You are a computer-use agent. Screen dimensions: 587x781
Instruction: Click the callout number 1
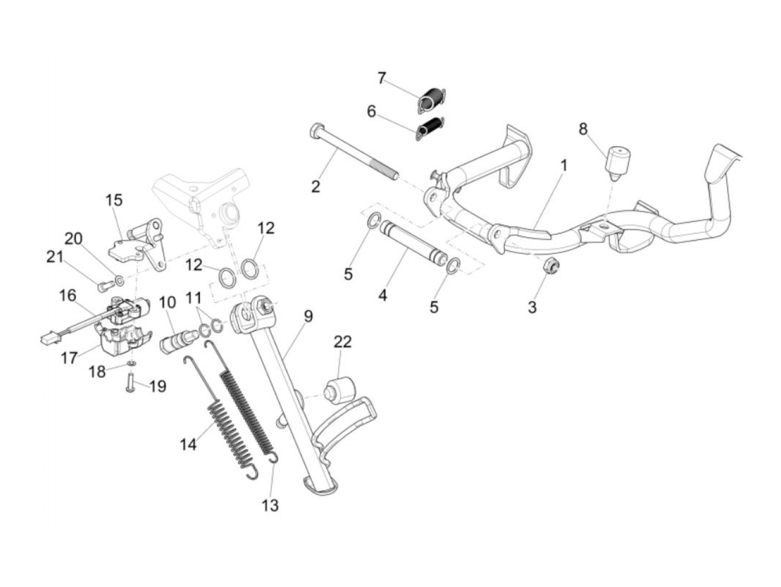coord(564,166)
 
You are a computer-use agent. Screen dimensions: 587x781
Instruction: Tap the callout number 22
coord(343,341)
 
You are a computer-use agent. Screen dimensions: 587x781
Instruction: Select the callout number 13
coord(270,506)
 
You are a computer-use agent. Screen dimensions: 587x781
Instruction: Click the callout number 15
coord(114,200)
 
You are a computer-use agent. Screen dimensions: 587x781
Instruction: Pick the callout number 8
coord(583,129)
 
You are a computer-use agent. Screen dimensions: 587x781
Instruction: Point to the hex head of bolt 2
coord(315,131)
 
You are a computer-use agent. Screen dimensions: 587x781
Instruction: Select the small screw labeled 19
coord(130,386)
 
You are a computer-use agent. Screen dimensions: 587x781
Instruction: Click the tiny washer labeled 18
coord(131,363)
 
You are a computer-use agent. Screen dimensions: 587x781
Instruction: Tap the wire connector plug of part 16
coord(47,338)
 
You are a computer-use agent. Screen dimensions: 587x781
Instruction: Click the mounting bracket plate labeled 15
coord(136,246)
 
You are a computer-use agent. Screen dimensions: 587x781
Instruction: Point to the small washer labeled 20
coord(119,278)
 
